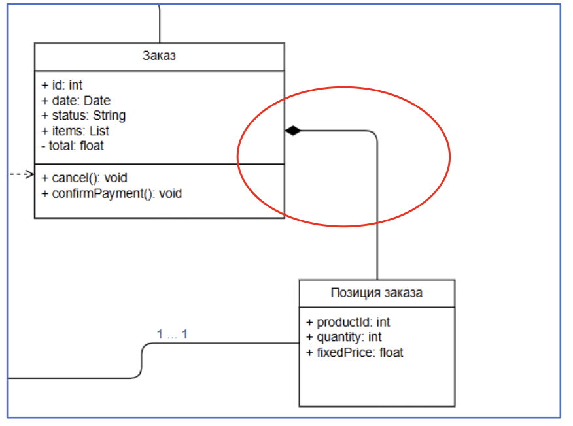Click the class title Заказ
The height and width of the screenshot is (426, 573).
pyautogui.click(x=159, y=56)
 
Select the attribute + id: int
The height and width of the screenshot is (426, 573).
pyautogui.click(x=62, y=85)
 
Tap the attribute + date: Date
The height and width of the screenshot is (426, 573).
pyautogui.click(x=76, y=101)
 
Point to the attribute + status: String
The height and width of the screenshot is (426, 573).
pyautogui.click(x=84, y=116)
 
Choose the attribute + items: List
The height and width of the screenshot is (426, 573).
pyautogui.click(x=75, y=131)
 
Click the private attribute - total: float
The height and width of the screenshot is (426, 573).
pyautogui.click(x=72, y=146)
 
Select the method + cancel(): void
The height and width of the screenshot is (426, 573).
pyautogui.click(x=84, y=178)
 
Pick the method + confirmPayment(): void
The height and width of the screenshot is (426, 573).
pyautogui.click(x=112, y=193)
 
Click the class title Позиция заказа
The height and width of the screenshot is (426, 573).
pyautogui.click(x=377, y=293)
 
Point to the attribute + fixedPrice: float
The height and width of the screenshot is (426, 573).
pyautogui.click(x=355, y=353)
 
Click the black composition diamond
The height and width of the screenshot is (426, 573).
pyautogui.click(x=292, y=131)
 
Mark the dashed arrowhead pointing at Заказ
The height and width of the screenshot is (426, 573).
pyautogui.click(x=29, y=174)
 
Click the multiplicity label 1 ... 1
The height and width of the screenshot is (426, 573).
pyautogui.click(x=173, y=335)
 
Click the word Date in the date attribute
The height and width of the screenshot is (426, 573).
pyautogui.click(x=97, y=101)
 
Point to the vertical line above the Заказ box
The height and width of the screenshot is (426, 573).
pyautogui.click(x=159, y=23)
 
